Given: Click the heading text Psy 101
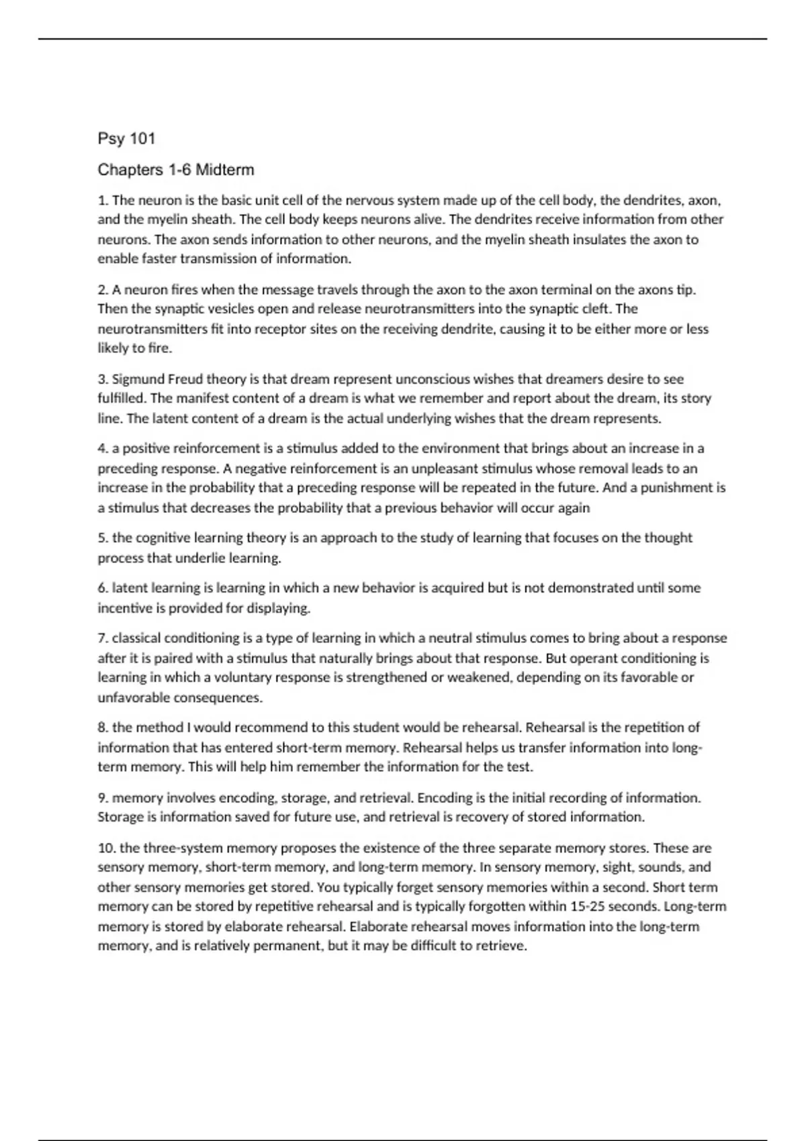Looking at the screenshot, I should [x=126, y=139].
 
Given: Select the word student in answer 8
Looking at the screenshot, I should [x=376, y=728].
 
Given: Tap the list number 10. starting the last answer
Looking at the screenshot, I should [x=107, y=848].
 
